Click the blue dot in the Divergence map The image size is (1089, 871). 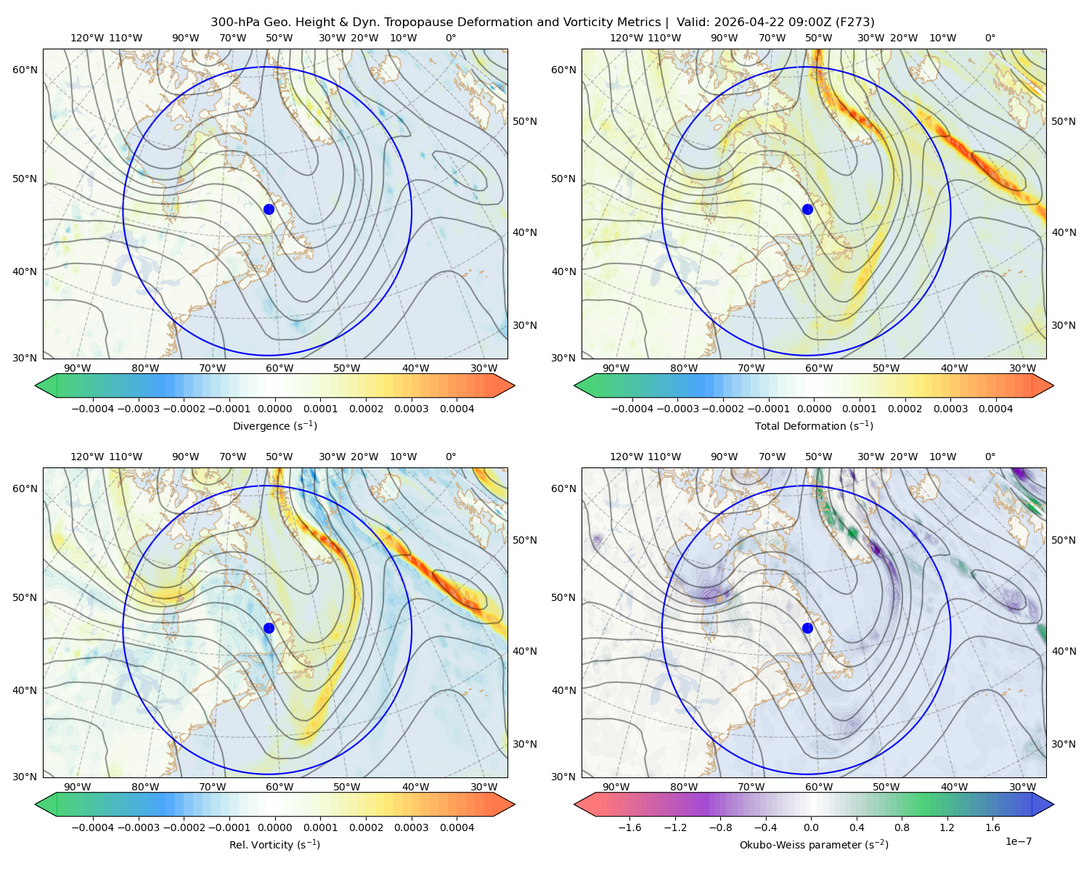[x=269, y=209]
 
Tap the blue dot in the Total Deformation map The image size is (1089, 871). [x=807, y=209]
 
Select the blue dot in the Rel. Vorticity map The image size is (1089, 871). [x=269, y=628]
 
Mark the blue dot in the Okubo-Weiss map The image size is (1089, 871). [x=807, y=628]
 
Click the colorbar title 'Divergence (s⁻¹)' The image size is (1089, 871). [x=274, y=425]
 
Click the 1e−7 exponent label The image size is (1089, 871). [x=1018, y=841]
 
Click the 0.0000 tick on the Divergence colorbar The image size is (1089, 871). [x=274, y=409]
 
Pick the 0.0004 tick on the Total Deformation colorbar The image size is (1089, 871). [x=995, y=409]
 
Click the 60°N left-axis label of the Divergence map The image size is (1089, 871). [x=25, y=70]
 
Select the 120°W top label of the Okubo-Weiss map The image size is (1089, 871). [x=626, y=457]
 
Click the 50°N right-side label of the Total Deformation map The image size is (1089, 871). [x=1063, y=121]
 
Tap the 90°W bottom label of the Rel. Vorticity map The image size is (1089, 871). [x=78, y=787]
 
